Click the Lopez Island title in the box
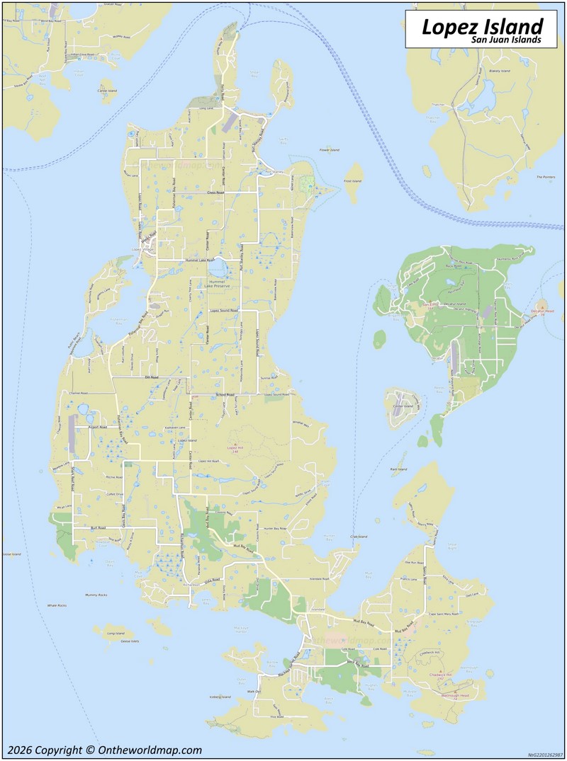click(482, 26)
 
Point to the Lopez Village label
click(142, 250)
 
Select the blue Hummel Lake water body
click(218, 268)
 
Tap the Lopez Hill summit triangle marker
click(235, 444)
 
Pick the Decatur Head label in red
click(541, 310)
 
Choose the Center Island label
click(403, 406)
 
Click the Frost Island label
click(352, 181)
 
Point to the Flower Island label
click(330, 150)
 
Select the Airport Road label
click(97, 428)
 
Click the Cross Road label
click(215, 193)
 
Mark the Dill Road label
click(152, 377)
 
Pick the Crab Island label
click(359, 537)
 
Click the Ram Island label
click(398, 469)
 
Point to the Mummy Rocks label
click(96, 595)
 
